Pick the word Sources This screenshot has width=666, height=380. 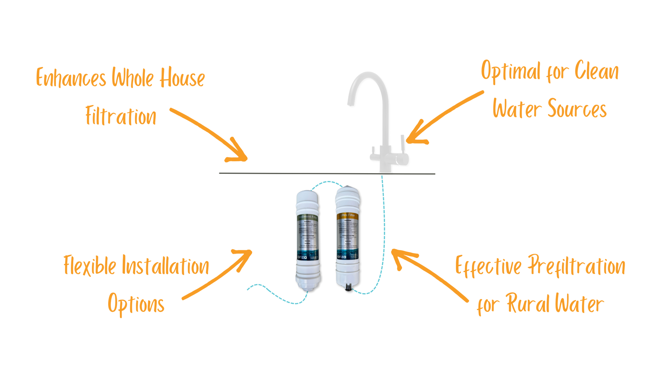[x=577, y=108]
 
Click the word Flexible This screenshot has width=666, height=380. [x=90, y=266]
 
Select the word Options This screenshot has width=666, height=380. [x=136, y=303]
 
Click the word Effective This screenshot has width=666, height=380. [x=489, y=266]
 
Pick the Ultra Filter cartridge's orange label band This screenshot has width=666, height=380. [x=347, y=216]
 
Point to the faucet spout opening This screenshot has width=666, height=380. [x=349, y=105]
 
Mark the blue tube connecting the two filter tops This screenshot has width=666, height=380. [x=328, y=182]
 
